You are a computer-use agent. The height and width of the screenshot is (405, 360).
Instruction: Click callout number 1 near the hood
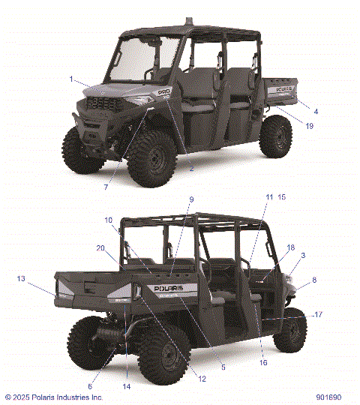(71, 79)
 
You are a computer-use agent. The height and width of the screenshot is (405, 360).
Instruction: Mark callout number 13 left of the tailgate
(21, 278)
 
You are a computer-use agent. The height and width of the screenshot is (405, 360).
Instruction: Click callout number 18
(291, 247)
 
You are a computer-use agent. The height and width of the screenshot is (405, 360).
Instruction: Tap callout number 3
(302, 256)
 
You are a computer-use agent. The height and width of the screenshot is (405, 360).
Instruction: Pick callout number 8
(314, 280)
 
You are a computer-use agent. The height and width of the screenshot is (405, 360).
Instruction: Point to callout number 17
(318, 315)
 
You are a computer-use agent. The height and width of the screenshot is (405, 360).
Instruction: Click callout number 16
(263, 362)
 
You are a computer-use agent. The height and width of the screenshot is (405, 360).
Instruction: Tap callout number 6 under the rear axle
(91, 386)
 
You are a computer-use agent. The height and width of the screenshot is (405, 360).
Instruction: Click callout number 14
(126, 386)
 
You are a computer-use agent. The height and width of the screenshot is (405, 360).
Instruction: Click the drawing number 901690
(328, 397)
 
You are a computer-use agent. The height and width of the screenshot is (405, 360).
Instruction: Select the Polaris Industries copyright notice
(54, 397)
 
